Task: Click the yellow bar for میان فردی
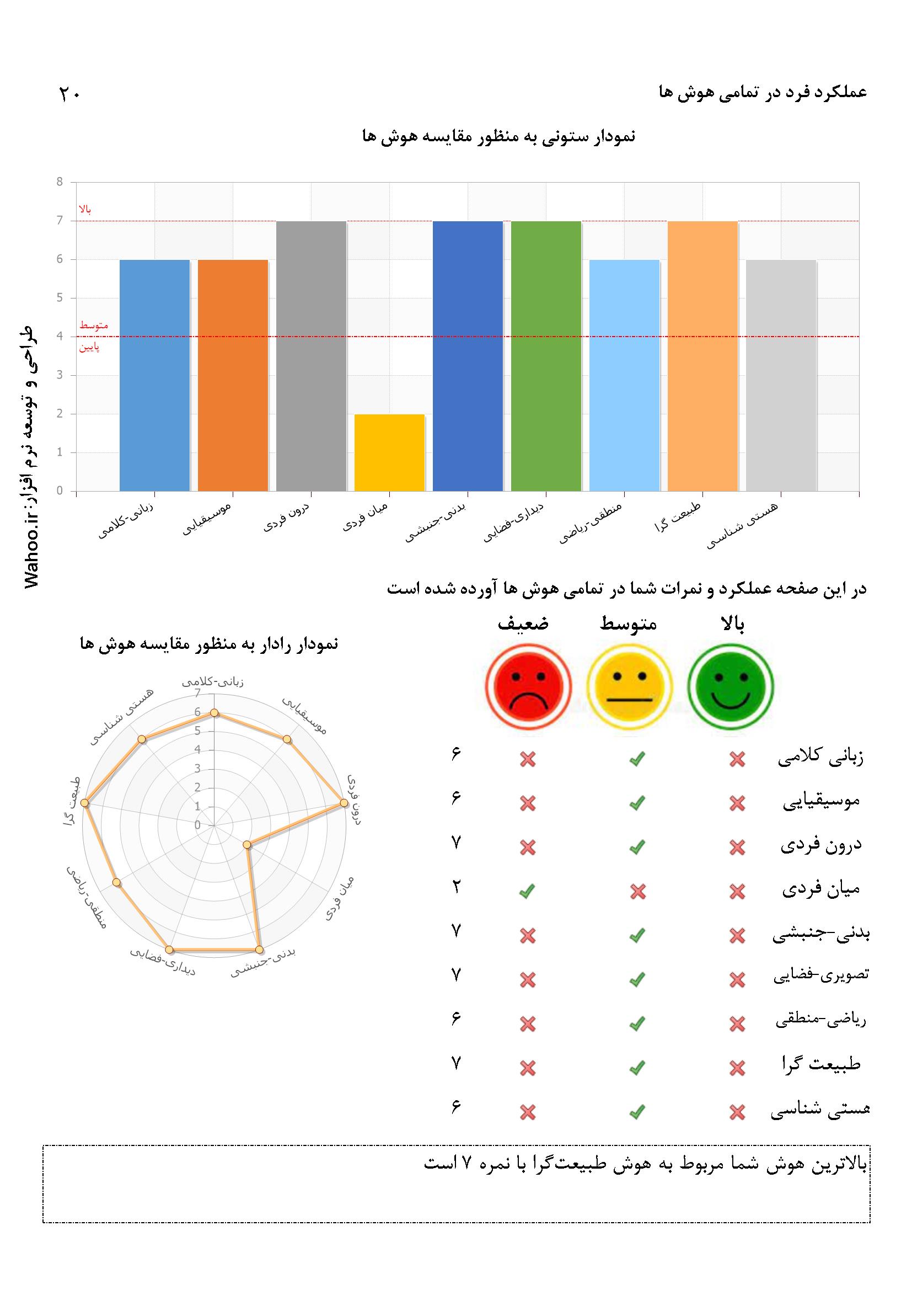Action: pyautogui.click(x=389, y=452)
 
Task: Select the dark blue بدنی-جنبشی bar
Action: pyautogui.click(x=467, y=356)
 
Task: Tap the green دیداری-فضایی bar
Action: pyautogui.click(x=546, y=356)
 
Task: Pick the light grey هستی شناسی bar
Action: pyautogui.click(x=781, y=375)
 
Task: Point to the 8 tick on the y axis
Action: pyautogui.click(x=60, y=182)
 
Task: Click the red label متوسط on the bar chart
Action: pyautogui.click(x=93, y=326)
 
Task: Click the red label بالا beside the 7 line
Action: pyautogui.click(x=85, y=210)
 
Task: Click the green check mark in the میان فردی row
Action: pyautogui.click(x=527, y=890)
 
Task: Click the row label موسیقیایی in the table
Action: pyautogui.click(x=821, y=802)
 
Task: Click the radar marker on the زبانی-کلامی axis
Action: pyautogui.click(x=214, y=713)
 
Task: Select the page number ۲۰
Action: pyautogui.click(x=70, y=94)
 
